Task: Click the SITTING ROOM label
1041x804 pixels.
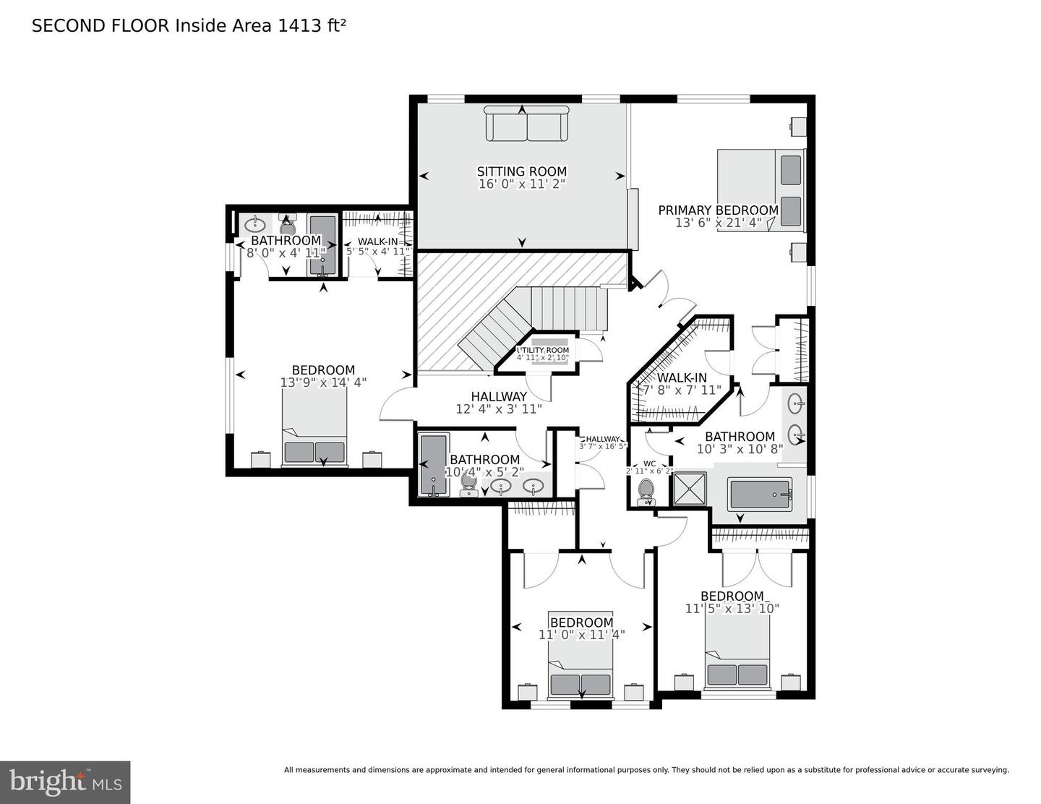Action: [521, 171]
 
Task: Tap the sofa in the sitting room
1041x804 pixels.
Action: [526, 124]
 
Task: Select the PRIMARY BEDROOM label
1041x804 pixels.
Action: [718, 210]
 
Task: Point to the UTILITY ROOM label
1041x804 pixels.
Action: [543, 350]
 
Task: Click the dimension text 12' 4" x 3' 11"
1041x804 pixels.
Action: [499, 409]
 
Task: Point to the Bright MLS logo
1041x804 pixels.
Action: [65, 782]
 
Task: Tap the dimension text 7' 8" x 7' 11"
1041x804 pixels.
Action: [682, 390]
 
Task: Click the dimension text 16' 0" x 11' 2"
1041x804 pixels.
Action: [521, 184]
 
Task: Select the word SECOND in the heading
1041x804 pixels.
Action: [64, 26]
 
